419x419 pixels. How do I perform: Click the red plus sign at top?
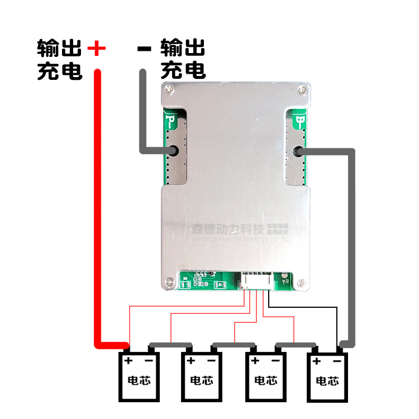(97, 49)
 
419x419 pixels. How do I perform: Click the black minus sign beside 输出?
(144, 49)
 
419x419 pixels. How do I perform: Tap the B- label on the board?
(301, 120)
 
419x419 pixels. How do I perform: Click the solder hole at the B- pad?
(299, 151)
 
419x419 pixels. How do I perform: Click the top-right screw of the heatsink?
(301, 88)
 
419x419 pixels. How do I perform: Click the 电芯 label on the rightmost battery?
(327, 381)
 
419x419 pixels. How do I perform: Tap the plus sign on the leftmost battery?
(128, 361)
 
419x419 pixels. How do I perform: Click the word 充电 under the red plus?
(60, 72)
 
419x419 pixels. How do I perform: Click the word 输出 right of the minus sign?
(183, 49)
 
